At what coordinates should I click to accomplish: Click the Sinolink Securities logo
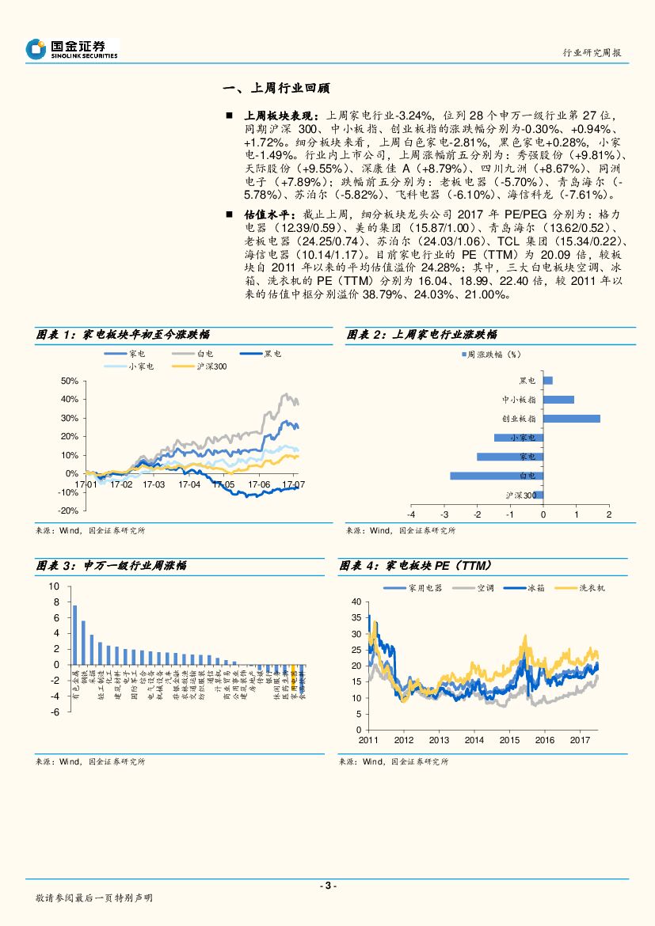[71, 49]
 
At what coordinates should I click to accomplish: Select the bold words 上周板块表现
[281, 116]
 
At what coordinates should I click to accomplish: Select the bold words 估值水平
[268, 214]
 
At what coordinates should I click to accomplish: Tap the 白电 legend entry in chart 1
[204, 354]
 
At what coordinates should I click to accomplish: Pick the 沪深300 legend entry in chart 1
[211, 366]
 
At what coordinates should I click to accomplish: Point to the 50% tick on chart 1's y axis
[68, 381]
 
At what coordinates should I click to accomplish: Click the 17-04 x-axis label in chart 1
[190, 484]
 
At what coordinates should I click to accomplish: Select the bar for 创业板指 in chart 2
[571, 419]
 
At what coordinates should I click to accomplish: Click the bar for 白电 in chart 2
[497, 476]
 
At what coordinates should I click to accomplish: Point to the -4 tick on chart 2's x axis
[411, 514]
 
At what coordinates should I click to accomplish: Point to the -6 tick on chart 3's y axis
[55, 712]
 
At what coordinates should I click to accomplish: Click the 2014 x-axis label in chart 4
[474, 739]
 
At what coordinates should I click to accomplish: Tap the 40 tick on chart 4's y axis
[356, 602]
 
